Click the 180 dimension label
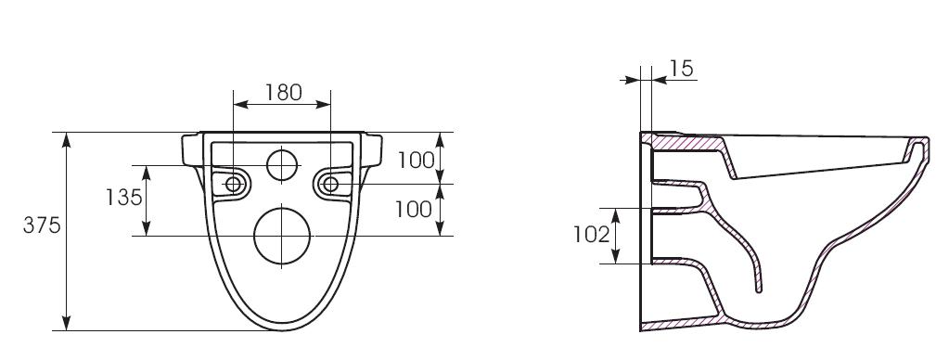pos(283,92)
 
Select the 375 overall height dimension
pos(42,225)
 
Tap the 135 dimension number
pos(123,198)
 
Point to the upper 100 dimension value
pos(416,161)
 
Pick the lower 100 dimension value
pos(414,209)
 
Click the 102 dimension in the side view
pos(592,234)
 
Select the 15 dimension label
pos(681,69)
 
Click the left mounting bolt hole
pos(233,184)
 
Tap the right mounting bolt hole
pos(330,184)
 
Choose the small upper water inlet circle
pos(283,164)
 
